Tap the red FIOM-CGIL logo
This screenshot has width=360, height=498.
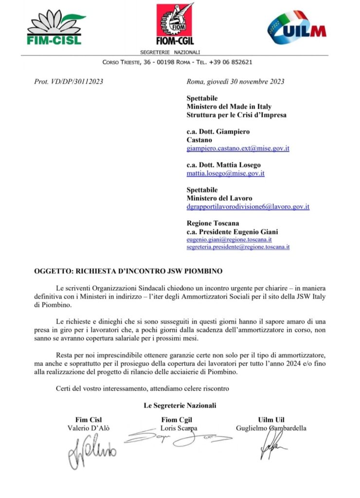(175, 24)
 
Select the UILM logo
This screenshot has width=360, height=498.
(296, 29)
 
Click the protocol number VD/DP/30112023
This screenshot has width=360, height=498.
(69, 82)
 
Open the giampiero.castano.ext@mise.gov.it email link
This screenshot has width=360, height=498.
(238, 148)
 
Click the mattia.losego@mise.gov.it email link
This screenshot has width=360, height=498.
(225, 173)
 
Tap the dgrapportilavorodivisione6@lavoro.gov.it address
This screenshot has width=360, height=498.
(248, 207)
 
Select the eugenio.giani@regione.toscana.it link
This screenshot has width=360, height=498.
(229, 239)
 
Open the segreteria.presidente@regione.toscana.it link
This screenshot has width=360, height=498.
(238, 247)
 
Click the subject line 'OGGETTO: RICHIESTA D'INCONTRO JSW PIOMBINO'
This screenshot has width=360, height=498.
(115, 270)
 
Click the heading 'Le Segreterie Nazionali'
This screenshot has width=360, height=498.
(180, 405)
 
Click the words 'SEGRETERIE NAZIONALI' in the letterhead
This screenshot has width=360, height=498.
(170, 52)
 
